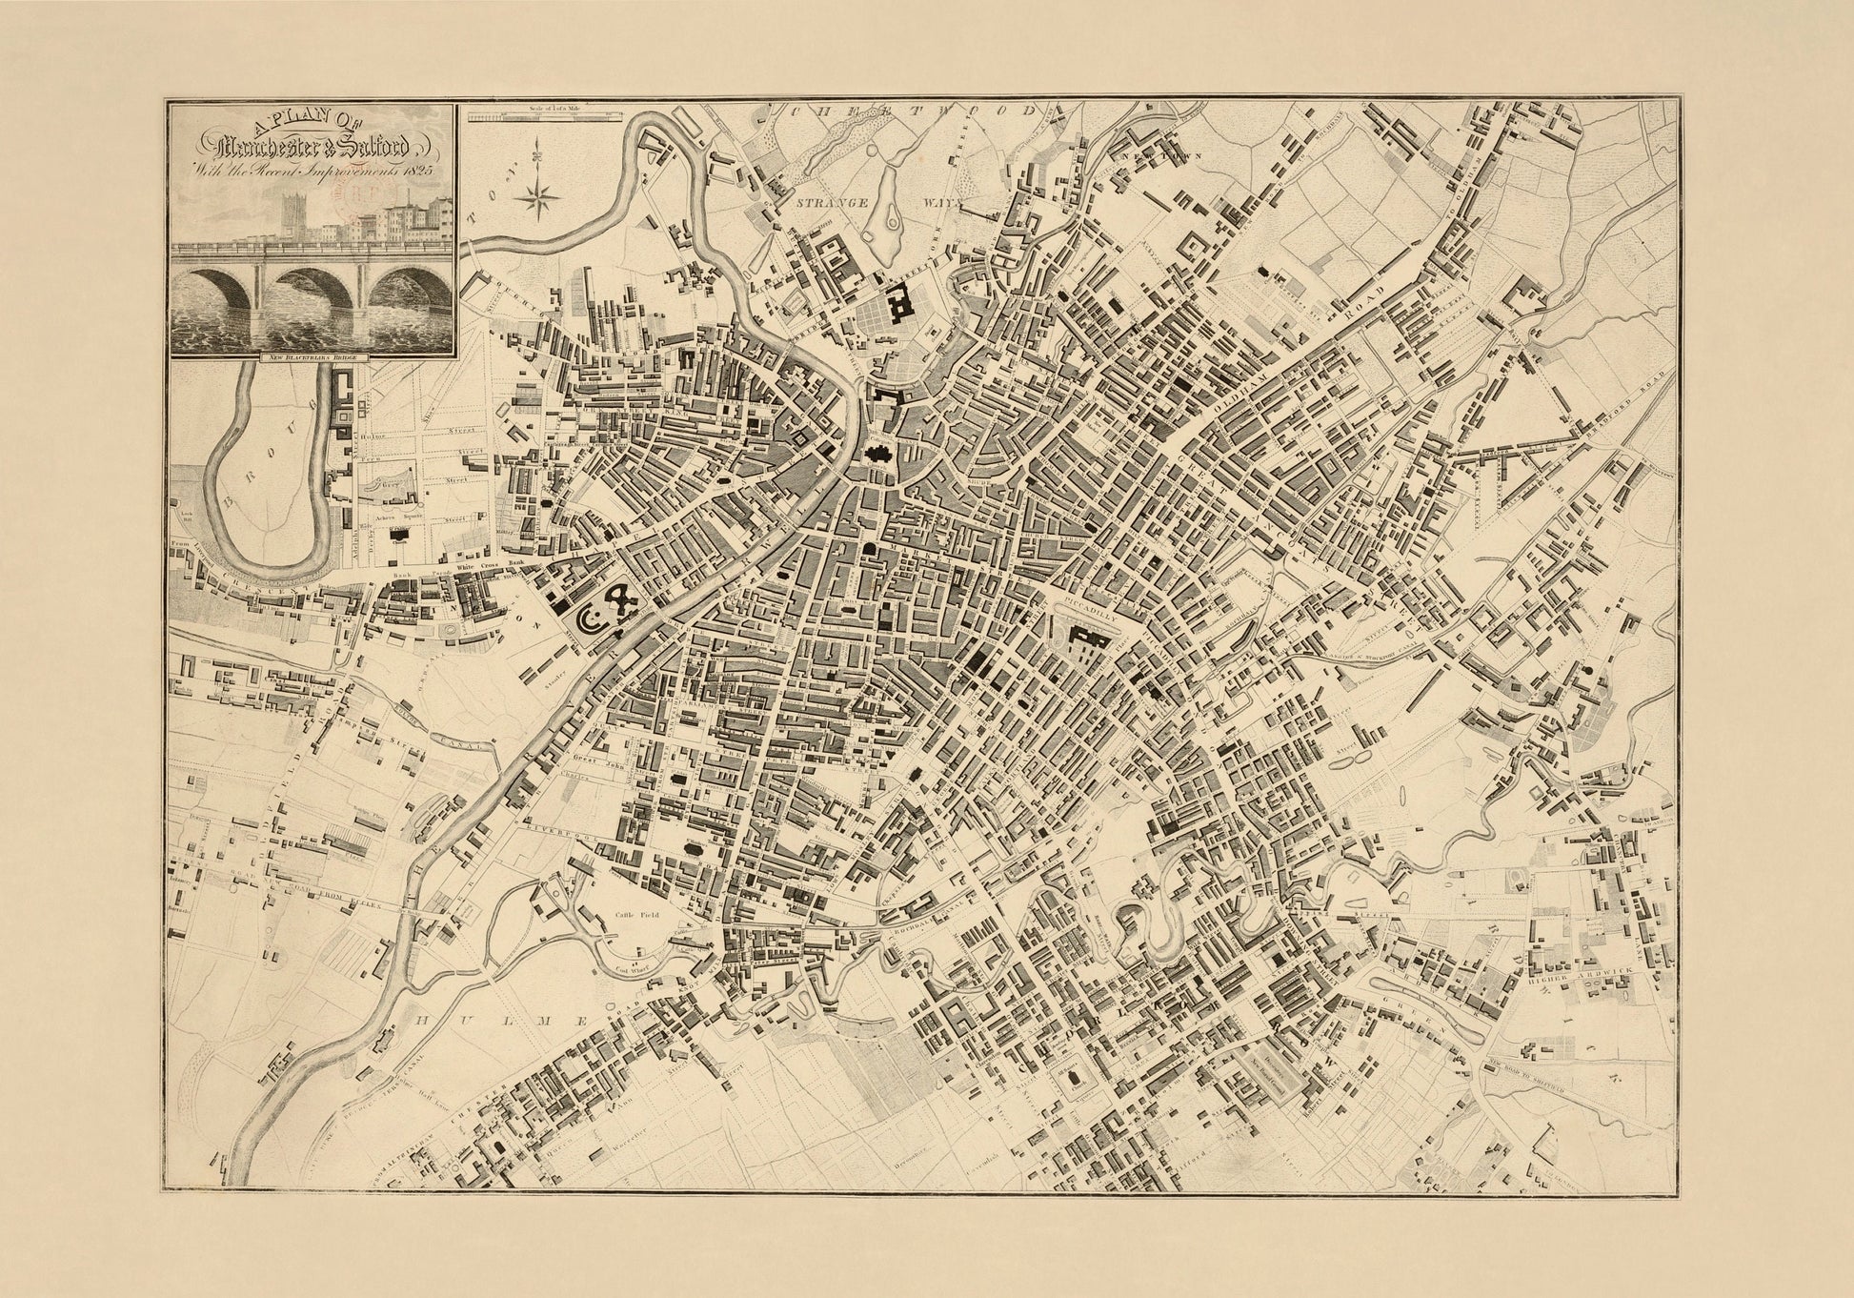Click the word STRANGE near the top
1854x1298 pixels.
(x=837, y=202)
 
